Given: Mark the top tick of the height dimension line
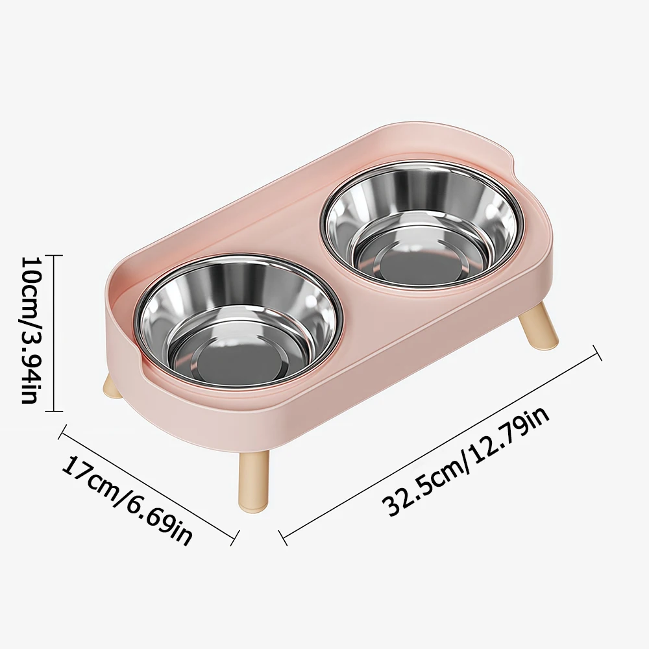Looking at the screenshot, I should [53, 255].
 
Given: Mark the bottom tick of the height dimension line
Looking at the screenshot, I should [53, 411].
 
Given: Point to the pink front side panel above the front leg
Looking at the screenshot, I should [273, 415].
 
